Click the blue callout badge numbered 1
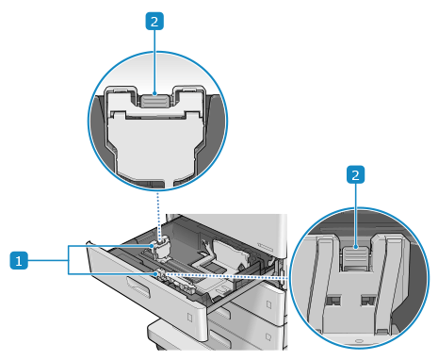pyautogui.click(x=19, y=260)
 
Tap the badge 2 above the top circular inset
pyautogui.click(x=154, y=22)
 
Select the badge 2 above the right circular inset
pyautogui.click(x=355, y=174)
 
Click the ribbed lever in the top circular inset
pyautogui.click(x=154, y=101)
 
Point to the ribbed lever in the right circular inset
pyautogui.click(x=355, y=257)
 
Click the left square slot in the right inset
pyautogui.click(x=333, y=301)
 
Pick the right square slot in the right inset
pyautogui.click(x=368, y=301)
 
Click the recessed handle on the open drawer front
pyautogui.click(x=138, y=286)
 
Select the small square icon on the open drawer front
pyautogui.click(x=190, y=318)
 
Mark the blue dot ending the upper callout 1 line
pyautogui.click(x=154, y=246)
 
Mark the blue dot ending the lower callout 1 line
pyautogui.click(x=155, y=274)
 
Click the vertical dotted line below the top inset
pyautogui.click(x=158, y=217)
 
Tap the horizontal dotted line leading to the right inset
pyautogui.click(x=225, y=276)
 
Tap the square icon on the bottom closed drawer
pyautogui.click(x=268, y=336)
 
